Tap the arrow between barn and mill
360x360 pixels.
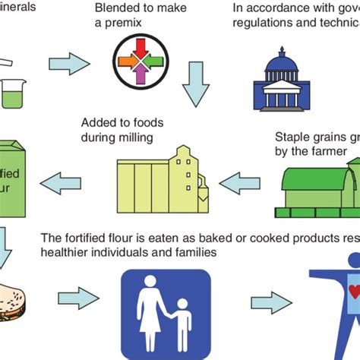(x=240, y=182)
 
